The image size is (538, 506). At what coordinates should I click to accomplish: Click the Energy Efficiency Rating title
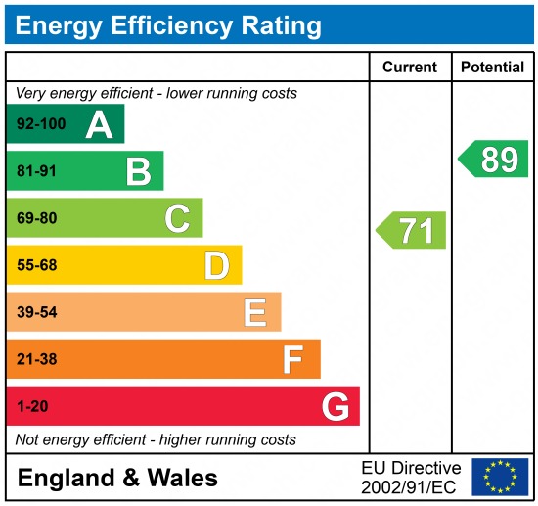(168, 24)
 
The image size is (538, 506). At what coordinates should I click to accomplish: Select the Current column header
(409, 68)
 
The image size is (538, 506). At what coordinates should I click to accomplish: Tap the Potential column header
(493, 68)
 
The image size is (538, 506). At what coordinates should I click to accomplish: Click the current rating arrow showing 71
(413, 231)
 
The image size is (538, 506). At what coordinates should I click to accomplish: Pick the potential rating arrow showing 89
(495, 159)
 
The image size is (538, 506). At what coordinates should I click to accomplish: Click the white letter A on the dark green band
(99, 124)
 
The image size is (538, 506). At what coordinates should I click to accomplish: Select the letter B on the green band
(138, 172)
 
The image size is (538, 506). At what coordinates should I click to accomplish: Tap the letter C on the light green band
(177, 218)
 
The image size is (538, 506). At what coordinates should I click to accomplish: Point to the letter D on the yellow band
(216, 265)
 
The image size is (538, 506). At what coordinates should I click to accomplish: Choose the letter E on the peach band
(255, 312)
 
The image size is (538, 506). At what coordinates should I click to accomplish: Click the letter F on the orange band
(292, 359)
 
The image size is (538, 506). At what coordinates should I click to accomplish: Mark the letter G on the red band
(336, 406)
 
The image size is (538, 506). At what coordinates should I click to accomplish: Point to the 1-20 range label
(32, 406)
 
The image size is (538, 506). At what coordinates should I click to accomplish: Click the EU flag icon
(499, 477)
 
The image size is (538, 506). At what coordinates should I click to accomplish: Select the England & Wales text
(117, 479)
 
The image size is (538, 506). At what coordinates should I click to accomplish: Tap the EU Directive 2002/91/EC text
(411, 477)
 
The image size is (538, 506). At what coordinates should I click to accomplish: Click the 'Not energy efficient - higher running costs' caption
(156, 439)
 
